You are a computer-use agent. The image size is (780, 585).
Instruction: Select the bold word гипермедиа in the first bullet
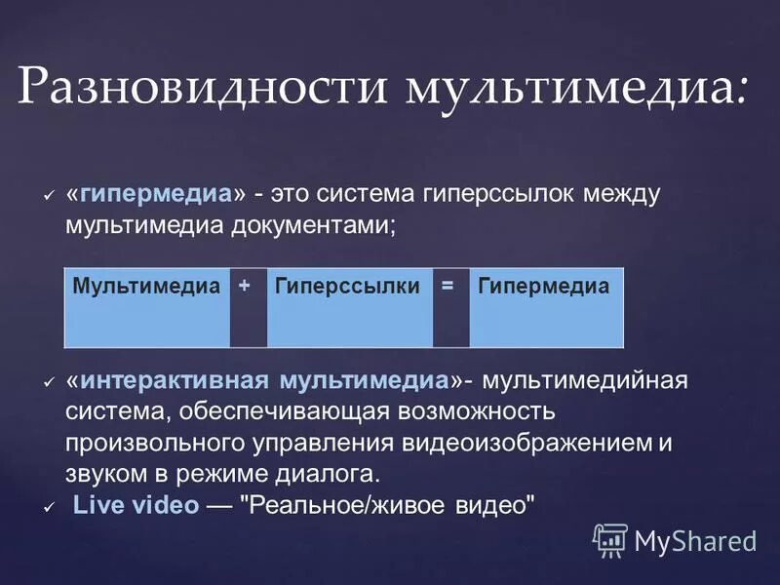(157, 193)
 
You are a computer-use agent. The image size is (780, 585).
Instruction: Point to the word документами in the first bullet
(313, 223)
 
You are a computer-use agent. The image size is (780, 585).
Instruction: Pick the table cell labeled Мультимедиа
(147, 287)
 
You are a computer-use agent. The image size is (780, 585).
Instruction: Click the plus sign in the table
(244, 285)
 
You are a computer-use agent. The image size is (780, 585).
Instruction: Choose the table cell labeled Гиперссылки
(347, 287)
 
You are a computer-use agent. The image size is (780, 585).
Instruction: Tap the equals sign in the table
(448, 285)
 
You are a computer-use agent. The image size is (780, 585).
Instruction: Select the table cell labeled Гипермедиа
(543, 287)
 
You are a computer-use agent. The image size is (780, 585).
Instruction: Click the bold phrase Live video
(137, 506)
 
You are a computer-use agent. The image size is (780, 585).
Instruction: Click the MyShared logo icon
(609, 539)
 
